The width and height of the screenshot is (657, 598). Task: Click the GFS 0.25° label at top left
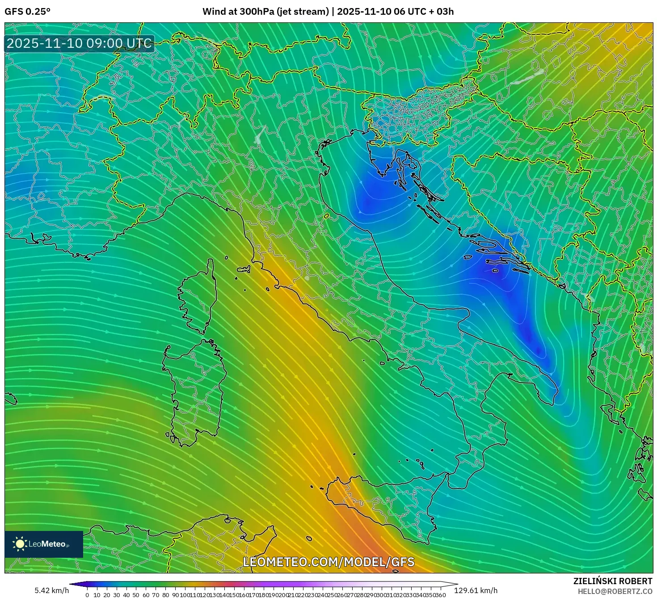click(27, 12)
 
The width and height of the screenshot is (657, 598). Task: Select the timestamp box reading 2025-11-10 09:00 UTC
click(79, 43)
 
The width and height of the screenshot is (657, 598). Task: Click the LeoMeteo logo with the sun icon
click(43, 544)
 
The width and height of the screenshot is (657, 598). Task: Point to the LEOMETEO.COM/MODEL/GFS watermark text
click(328, 562)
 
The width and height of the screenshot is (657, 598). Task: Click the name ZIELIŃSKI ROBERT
click(612, 581)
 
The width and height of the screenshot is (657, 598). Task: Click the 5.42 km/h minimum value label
click(51, 591)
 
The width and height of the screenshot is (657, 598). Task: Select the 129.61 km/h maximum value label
click(476, 591)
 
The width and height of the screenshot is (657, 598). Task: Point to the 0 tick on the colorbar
click(87, 595)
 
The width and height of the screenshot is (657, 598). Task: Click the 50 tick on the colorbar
click(136, 595)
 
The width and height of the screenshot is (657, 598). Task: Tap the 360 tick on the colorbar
click(441, 595)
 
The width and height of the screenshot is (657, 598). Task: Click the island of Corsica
click(199, 299)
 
